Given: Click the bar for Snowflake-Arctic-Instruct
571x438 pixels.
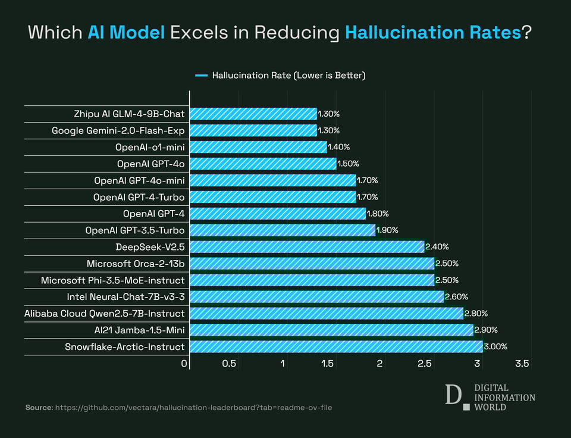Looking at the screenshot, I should [x=336, y=346].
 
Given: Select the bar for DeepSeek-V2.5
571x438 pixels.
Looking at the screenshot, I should [x=307, y=246].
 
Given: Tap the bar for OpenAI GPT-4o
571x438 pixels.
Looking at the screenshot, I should [x=263, y=163].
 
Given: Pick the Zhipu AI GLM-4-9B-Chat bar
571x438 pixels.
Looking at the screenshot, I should [x=253, y=113].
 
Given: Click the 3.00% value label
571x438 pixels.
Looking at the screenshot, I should [x=495, y=346].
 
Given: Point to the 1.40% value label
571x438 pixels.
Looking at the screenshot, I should [x=339, y=146].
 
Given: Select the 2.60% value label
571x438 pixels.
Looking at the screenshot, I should [x=457, y=296].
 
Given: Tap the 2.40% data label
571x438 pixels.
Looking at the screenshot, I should [x=437, y=246].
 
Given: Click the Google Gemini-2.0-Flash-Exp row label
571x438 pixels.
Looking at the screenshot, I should [x=118, y=130].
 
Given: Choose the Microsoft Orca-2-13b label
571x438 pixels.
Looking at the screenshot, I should [x=136, y=263].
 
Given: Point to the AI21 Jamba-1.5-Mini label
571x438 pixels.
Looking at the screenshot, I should [x=135, y=330].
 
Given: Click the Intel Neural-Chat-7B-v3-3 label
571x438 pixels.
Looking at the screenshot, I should [x=126, y=296].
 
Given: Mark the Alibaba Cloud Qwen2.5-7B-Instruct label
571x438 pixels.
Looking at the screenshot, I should [x=105, y=313].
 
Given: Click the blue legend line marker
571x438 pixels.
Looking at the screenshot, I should [x=201, y=76].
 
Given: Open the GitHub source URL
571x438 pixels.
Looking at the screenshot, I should [x=193, y=408].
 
